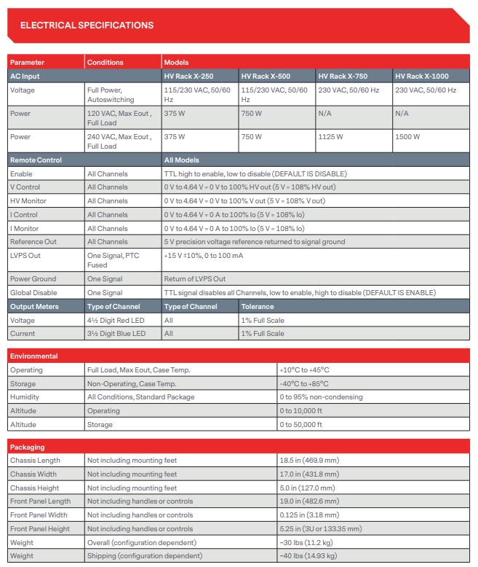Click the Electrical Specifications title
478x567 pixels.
click(87, 26)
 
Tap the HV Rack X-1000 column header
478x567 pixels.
click(421, 76)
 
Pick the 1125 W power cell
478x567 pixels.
click(328, 136)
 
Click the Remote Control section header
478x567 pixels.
click(36, 160)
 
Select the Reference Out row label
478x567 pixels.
click(33, 241)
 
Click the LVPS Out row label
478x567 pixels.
click(25, 255)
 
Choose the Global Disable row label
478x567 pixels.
click(33, 292)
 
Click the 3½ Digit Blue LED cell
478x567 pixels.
click(116, 334)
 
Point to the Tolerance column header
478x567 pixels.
click(258, 306)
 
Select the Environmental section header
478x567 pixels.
click(34, 356)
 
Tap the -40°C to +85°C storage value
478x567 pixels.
click(304, 383)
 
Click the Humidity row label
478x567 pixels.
click(25, 397)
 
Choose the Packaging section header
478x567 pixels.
click(28, 447)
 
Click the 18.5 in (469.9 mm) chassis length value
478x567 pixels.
click(309, 461)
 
